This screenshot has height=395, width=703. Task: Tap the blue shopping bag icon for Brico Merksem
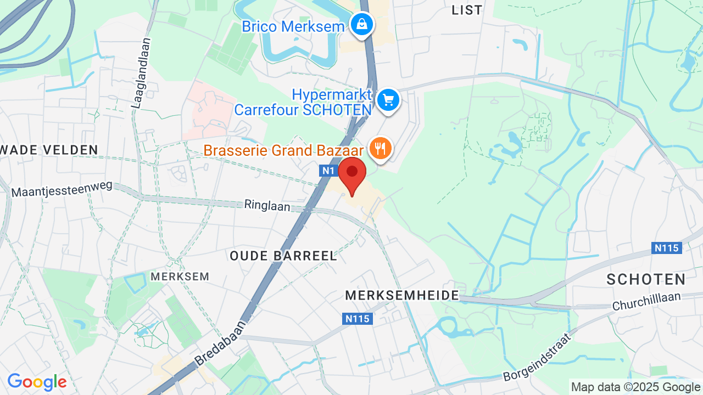point(362,25)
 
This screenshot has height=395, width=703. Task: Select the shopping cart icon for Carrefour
point(388,100)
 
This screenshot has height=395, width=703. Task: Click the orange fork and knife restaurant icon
point(380,148)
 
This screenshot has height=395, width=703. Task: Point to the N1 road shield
point(328,171)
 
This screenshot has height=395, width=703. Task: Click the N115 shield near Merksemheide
point(358,318)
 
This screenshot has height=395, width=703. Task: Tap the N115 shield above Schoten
point(667,248)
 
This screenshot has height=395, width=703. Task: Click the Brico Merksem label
point(293,26)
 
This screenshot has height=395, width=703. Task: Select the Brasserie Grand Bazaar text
point(283,150)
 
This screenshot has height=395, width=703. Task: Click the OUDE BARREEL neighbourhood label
point(283,256)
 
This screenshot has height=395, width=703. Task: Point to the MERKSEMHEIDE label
point(402,295)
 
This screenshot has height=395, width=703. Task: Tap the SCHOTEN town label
point(646,279)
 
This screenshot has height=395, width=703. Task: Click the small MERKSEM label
point(180,276)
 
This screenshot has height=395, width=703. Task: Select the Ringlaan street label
point(267,206)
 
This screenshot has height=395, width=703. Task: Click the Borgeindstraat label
point(537,358)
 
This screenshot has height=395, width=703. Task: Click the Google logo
point(37,382)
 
